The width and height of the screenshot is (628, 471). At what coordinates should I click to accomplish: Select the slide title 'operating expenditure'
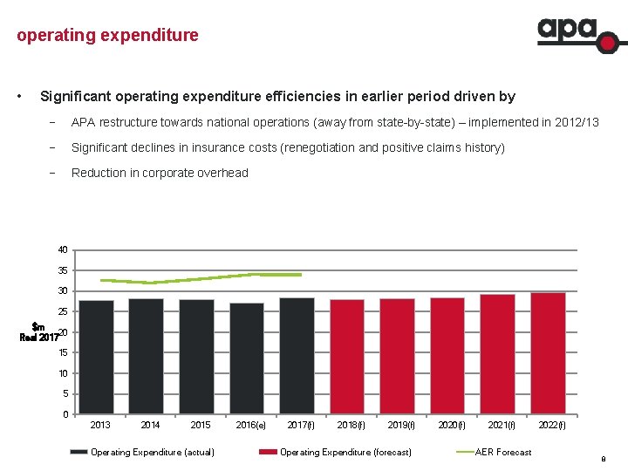click(107, 36)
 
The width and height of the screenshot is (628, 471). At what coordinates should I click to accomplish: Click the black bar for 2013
click(96, 357)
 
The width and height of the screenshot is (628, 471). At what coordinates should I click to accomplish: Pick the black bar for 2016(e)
click(247, 358)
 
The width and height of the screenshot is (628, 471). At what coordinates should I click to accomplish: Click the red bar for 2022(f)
click(549, 353)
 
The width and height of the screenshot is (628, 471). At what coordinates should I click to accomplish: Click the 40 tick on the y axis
click(64, 250)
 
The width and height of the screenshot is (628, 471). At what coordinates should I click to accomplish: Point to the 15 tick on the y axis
click(64, 353)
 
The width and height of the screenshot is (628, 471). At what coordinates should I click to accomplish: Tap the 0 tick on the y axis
click(66, 414)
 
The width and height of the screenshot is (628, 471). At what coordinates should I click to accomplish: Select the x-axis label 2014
click(150, 426)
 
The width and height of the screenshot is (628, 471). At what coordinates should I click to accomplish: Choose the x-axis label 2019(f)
click(401, 426)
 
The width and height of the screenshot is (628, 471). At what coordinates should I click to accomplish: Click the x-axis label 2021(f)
click(502, 426)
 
